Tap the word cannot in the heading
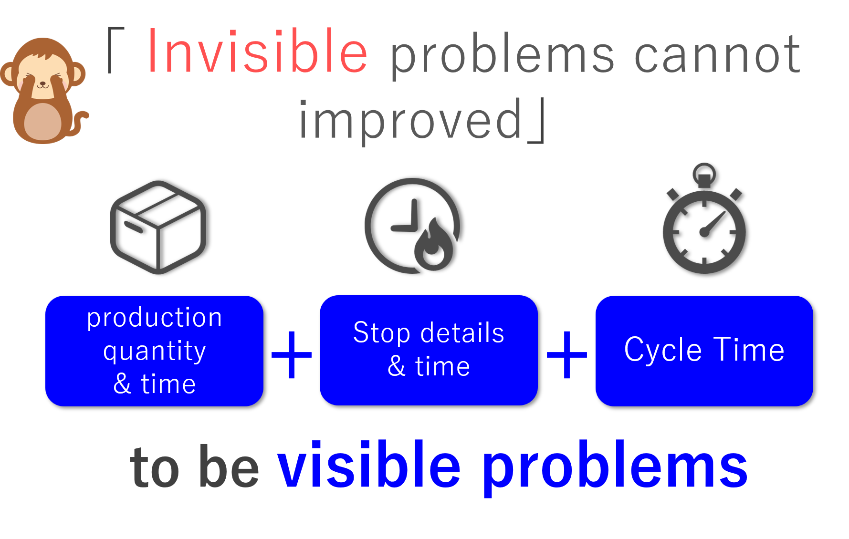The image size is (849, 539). click(718, 55)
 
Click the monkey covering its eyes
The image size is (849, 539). click(44, 90)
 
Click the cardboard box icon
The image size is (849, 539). click(158, 227)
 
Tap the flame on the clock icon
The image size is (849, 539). click(433, 245)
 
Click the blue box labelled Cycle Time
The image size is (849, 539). click(704, 351)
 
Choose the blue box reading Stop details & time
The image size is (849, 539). click(429, 350)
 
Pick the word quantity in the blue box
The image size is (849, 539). click(155, 352)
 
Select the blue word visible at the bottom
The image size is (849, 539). click(369, 465)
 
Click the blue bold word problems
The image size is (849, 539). click(615, 468)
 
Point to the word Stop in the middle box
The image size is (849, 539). click(381, 333)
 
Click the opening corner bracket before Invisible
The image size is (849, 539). click(116, 50)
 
